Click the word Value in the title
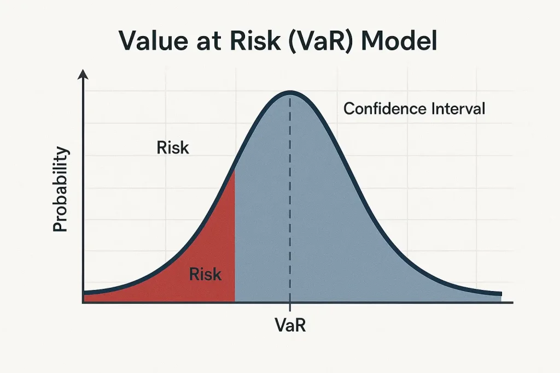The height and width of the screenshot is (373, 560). point(153,40)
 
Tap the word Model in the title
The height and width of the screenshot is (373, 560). point(399,40)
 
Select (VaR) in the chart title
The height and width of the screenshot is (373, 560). point(320,41)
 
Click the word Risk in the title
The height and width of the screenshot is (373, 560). point(255,40)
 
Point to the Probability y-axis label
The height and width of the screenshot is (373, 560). point(60,189)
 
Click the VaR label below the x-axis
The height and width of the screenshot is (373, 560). point(290,325)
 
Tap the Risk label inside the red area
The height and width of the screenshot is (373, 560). point(205,274)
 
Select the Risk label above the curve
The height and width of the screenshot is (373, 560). point(173,147)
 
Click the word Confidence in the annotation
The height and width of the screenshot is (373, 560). point(385,109)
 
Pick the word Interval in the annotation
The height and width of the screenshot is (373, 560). point(458,109)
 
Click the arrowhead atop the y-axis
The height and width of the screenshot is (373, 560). point(83,74)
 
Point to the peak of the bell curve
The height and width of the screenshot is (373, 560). point(290,92)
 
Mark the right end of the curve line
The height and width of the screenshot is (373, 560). point(501,294)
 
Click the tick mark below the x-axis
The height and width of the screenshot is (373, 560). point(290,307)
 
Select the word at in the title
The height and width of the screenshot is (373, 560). point(208,42)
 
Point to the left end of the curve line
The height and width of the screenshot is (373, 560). point(84,293)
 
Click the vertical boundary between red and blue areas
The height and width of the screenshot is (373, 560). point(235,236)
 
